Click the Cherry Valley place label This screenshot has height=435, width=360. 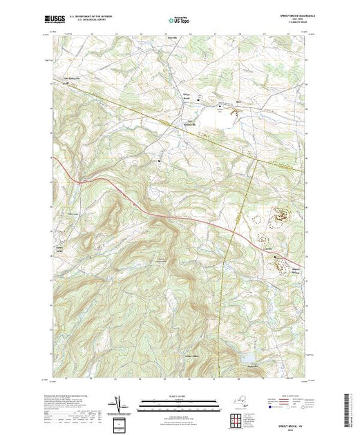59,249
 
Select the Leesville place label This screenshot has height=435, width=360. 267,246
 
